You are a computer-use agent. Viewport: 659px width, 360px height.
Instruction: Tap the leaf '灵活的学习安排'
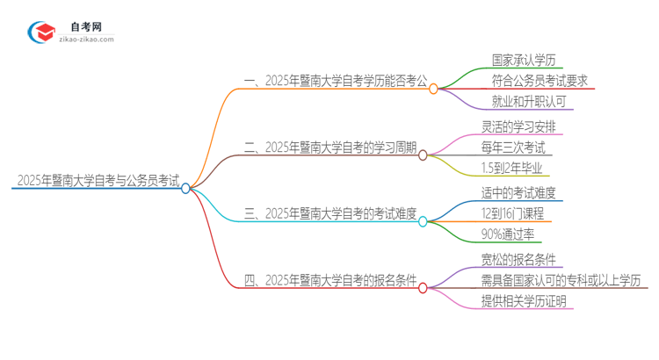click(518, 126)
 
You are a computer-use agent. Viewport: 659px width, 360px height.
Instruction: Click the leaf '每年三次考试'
click(512, 148)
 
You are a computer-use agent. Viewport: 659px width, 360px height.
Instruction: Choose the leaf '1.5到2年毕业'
click(512, 169)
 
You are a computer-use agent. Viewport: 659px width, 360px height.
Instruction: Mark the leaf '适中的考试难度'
click(518, 192)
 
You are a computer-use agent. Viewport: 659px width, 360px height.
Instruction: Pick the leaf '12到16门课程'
click(513, 213)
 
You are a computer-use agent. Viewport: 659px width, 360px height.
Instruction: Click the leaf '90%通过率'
click(506, 234)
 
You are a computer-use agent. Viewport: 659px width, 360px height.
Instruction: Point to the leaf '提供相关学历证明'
click(525, 301)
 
